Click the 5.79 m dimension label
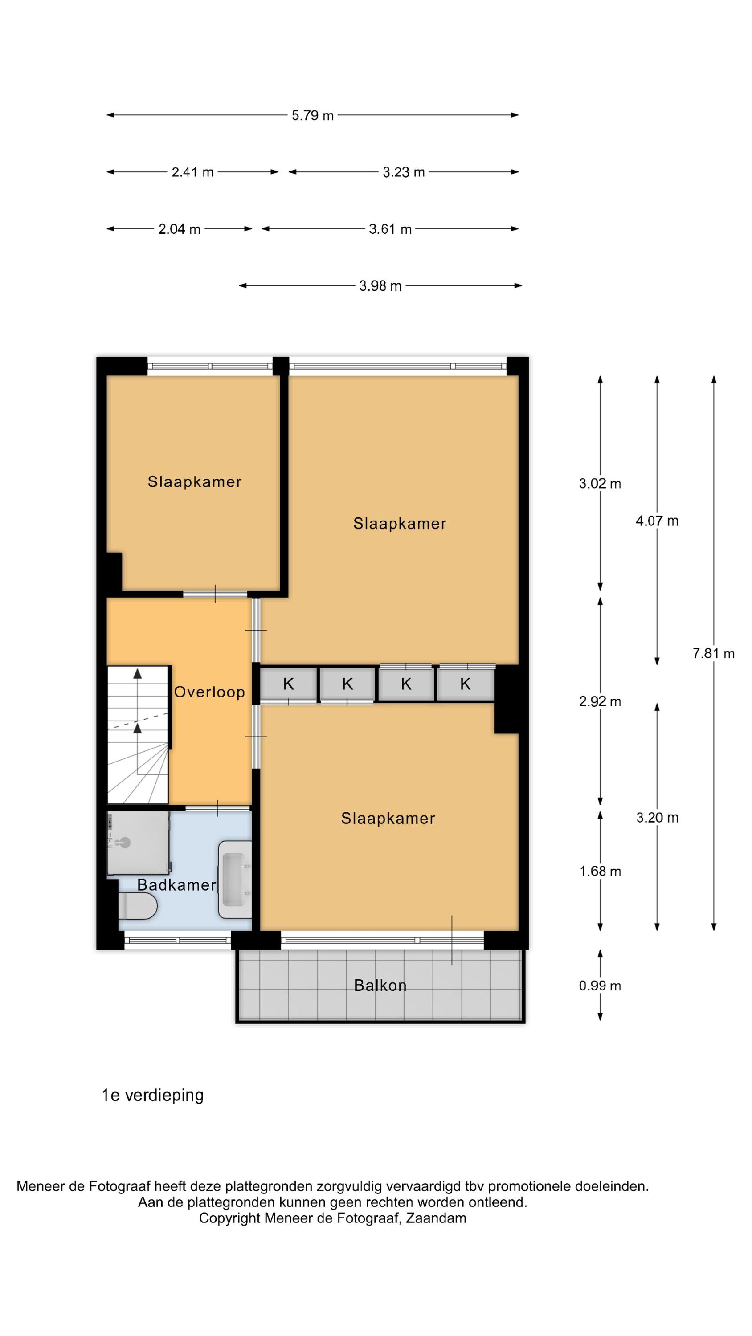[312, 115]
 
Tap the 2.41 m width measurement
[192, 172]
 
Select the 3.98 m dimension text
[380, 286]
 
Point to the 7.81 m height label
[713, 653]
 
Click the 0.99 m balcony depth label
[600, 986]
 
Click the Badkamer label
[176, 885]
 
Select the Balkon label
[380, 986]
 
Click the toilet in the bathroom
[138, 907]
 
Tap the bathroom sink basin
[235, 879]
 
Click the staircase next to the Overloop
[138, 735]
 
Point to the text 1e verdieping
[152, 1096]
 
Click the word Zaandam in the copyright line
[436, 1218]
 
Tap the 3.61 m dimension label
[390, 229]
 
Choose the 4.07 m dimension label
[657, 521]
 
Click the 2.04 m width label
[179, 229]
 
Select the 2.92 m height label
[600, 701]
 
